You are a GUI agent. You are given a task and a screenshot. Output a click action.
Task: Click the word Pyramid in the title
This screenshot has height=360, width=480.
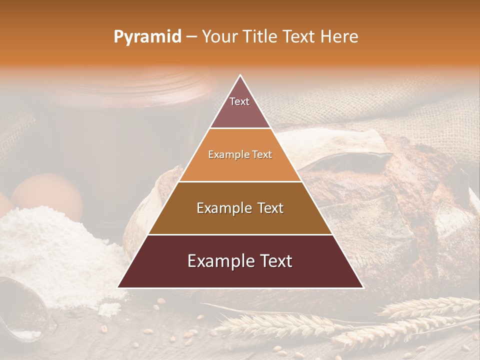(147, 36)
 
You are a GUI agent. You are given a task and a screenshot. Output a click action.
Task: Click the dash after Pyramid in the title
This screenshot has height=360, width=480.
(191, 37)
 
